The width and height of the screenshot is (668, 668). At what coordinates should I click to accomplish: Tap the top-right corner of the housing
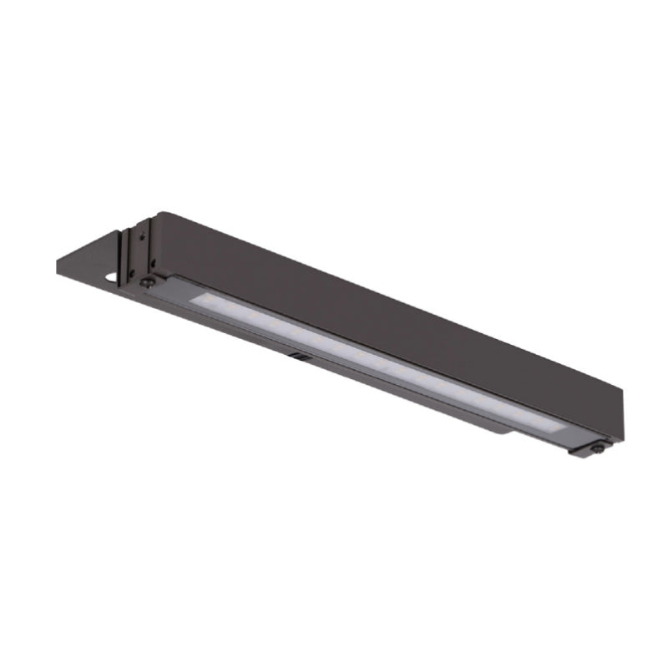(x=623, y=389)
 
